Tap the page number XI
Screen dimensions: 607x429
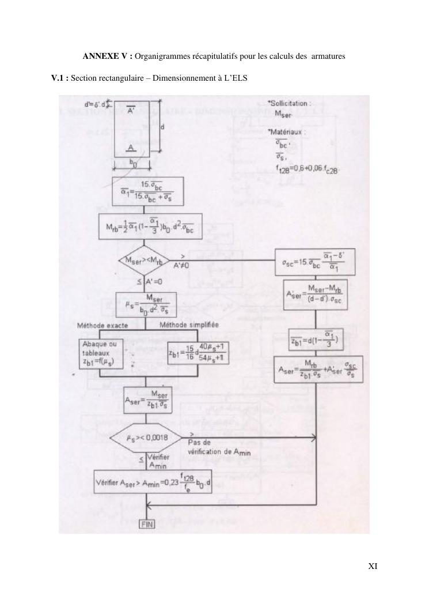tap(373, 566)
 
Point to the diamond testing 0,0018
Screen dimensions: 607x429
tap(148, 438)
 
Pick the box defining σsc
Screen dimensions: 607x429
tap(314, 263)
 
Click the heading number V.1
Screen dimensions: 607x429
tap(60, 78)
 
